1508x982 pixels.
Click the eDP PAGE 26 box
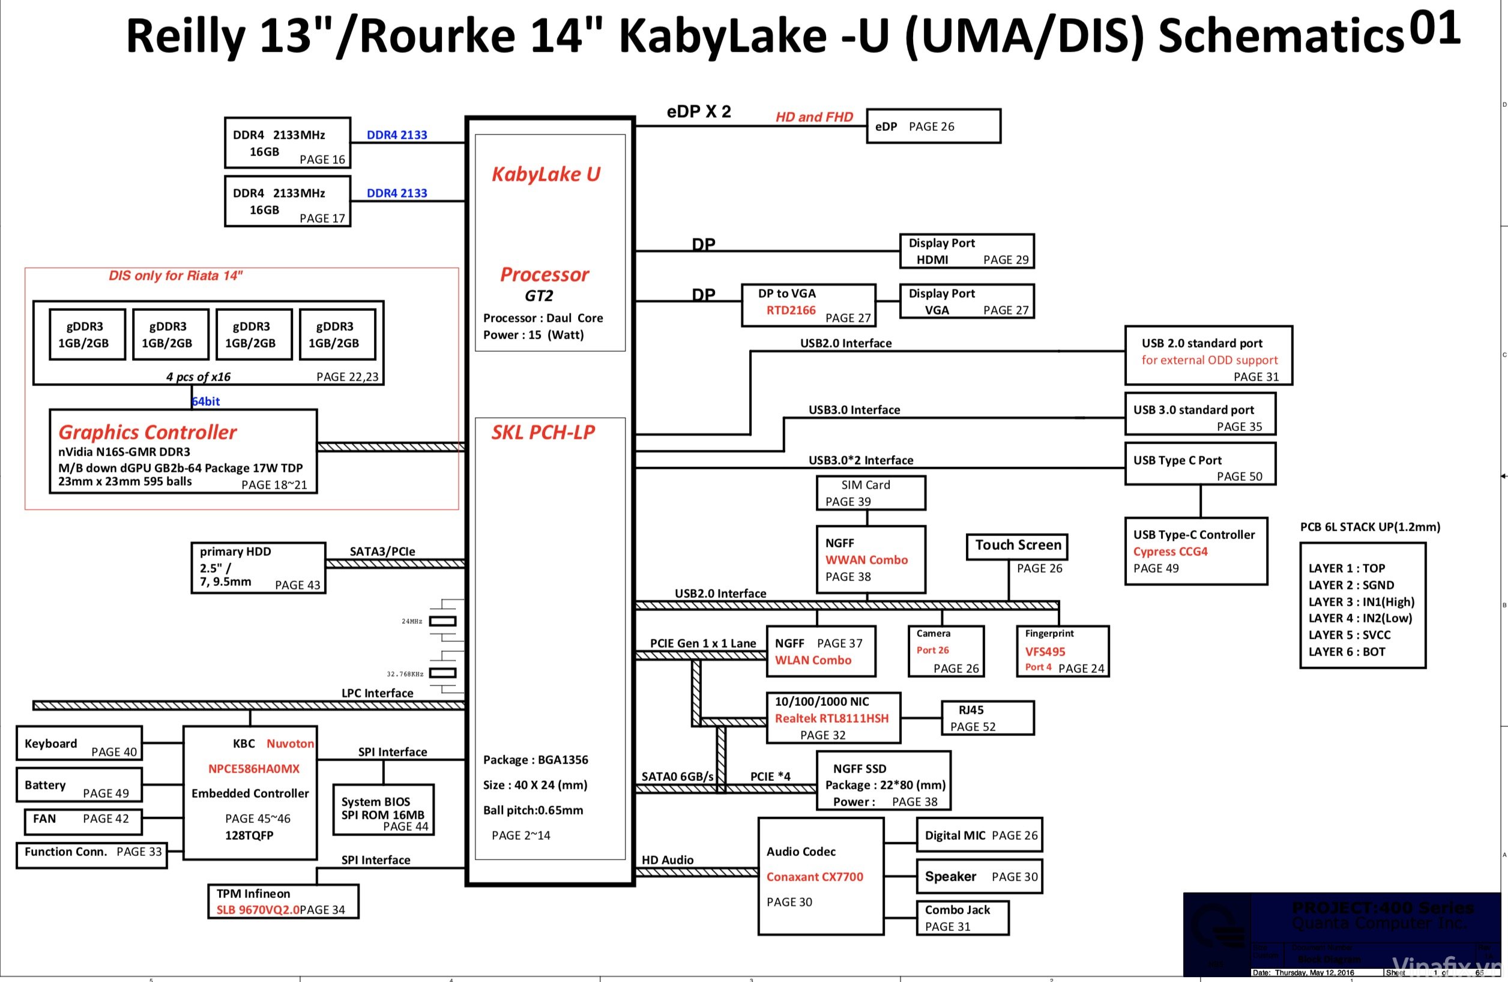point(933,126)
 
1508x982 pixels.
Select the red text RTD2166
point(791,310)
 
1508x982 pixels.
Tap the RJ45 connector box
point(987,718)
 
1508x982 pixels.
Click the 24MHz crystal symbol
point(442,621)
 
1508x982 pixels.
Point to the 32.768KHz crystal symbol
point(442,673)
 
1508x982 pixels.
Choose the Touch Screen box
point(1016,546)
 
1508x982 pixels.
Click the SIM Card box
point(870,493)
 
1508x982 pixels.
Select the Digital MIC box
point(979,835)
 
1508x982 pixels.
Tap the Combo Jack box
point(962,917)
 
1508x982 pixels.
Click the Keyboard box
point(79,743)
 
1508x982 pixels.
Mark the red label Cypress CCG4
point(1170,551)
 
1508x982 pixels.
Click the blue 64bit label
point(206,401)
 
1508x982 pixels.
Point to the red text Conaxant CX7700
point(814,877)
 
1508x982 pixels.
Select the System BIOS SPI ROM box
point(382,810)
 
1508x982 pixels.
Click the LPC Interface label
point(377,693)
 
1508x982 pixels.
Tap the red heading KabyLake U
point(546,174)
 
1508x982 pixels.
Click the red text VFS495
point(1045,651)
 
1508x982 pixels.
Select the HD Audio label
point(667,860)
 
